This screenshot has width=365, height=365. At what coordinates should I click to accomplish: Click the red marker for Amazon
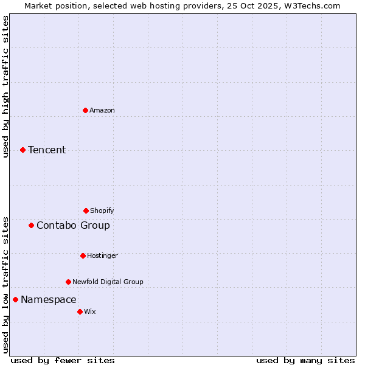tap(85, 110)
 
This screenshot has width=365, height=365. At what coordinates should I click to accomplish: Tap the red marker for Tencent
tap(23, 150)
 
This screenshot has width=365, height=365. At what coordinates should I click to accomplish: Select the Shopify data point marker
tap(86, 210)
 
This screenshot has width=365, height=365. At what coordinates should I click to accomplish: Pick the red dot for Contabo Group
tap(31, 225)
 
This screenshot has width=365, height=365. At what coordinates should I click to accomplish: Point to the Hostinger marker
tap(83, 255)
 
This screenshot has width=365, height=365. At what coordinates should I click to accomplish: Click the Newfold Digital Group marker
tap(68, 282)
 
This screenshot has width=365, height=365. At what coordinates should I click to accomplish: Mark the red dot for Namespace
tap(15, 299)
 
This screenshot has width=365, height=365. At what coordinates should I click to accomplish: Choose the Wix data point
tap(80, 311)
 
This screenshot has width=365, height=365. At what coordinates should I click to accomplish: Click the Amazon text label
tap(102, 110)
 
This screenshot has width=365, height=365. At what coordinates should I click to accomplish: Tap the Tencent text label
tap(47, 150)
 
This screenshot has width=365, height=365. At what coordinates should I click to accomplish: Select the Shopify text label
tap(102, 210)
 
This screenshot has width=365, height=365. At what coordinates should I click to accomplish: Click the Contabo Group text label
tap(73, 225)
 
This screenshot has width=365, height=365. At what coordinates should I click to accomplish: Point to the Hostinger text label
tap(102, 255)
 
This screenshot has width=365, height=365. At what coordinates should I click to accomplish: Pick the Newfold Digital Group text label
tap(108, 282)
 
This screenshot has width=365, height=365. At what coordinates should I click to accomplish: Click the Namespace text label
tap(49, 299)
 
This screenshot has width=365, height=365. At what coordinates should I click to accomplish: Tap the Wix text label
tap(90, 311)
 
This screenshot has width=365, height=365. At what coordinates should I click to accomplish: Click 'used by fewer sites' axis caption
tap(63, 360)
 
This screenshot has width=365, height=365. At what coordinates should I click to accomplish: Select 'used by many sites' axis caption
tap(305, 360)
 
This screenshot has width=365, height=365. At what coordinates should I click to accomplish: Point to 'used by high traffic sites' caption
tap(5, 86)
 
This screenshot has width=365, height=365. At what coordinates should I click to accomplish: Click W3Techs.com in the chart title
tap(310, 5)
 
